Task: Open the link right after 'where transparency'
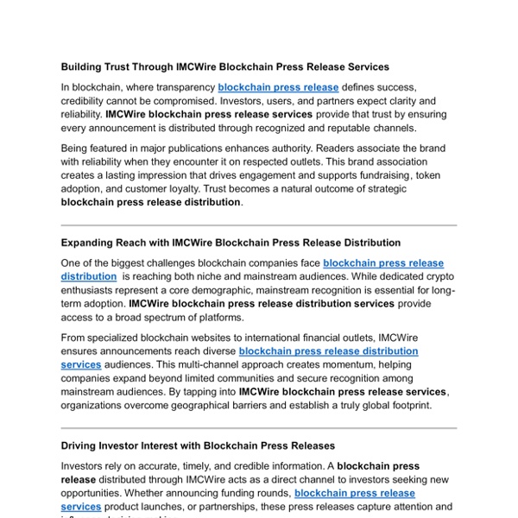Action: click(x=278, y=87)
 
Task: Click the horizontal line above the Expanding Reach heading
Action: click(x=259, y=225)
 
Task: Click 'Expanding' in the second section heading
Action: click(x=89, y=243)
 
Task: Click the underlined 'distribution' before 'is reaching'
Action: click(x=89, y=276)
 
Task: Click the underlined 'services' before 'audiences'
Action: click(x=81, y=364)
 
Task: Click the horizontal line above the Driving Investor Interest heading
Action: click(x=259, y=427)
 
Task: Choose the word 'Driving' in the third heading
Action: click(x=80, y=445)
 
